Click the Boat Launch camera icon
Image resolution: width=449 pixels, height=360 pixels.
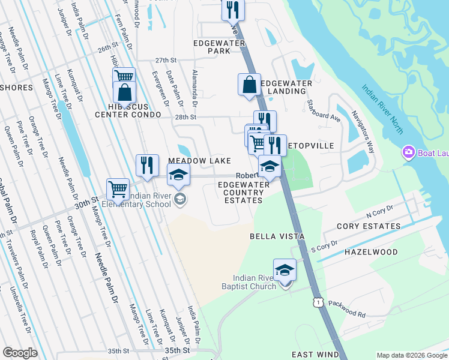point(410,153)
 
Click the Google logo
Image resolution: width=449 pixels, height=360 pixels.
point(20,353)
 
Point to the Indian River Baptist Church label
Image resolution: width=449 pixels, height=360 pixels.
point(255,281)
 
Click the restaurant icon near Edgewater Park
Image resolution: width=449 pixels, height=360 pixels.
point(232,10)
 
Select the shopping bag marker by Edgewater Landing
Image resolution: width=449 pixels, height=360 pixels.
point(249,85)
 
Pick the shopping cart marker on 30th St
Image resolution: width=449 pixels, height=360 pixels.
point(118,189)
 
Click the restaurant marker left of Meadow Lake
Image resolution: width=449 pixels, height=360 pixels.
point(146,165)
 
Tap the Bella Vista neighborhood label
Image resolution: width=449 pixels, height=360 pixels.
point(274,237)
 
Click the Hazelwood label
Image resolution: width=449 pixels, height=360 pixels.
point(370,253)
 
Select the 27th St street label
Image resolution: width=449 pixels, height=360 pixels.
point(166,61)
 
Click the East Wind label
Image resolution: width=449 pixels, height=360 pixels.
point(311,355)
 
